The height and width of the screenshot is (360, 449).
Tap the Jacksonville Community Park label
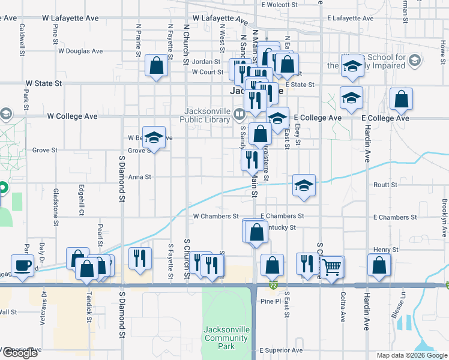(x=226, y=337)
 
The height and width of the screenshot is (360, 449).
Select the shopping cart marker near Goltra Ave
(x=333, y=267)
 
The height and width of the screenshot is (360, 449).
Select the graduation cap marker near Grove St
(x=154, y=137)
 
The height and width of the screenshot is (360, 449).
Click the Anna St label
(x=140, y=177)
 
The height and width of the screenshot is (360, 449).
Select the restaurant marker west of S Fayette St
(x=139, y=259)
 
